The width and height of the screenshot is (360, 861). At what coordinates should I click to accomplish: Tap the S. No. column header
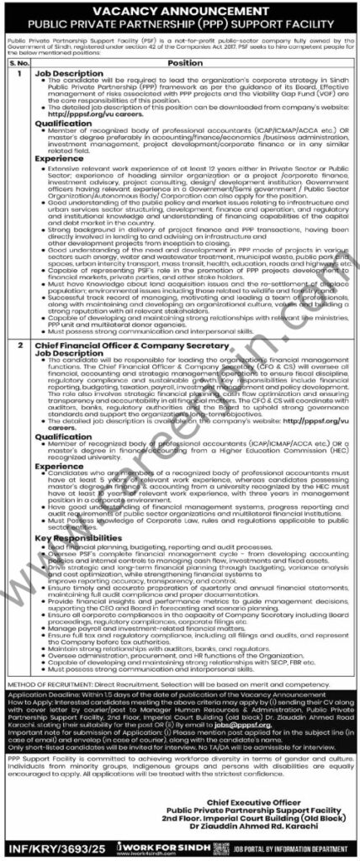click(x=19, y=62)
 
